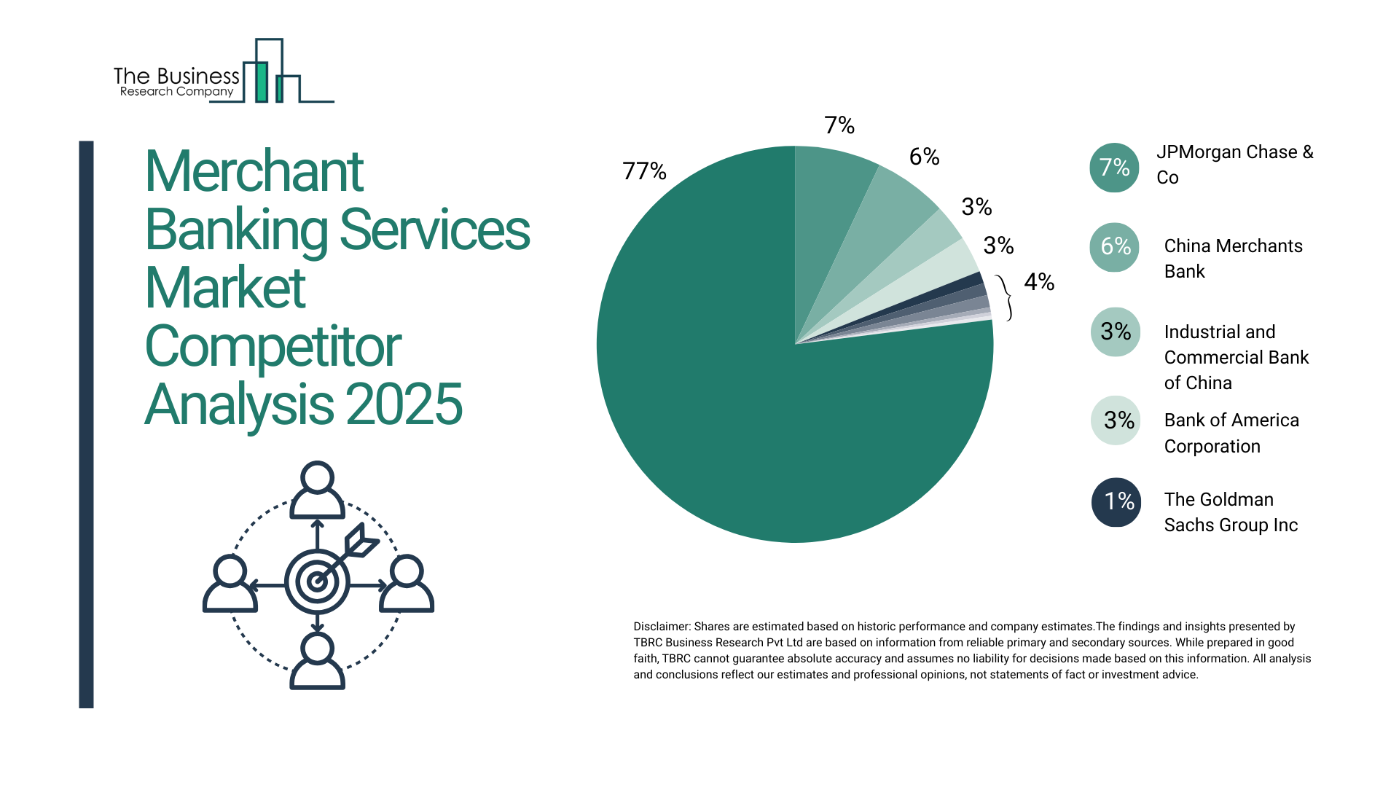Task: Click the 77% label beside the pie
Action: [644, 171]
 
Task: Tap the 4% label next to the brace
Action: [1039, 282]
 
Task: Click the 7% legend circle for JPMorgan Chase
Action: [1114, 168]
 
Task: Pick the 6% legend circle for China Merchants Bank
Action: [1114, 247]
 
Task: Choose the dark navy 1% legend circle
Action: [1116, 502]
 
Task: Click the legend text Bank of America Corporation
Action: [1231, 433]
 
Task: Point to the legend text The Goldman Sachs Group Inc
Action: [1231, 512]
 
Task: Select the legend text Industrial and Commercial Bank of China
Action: [1236, 357]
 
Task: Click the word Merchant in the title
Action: [254, 172]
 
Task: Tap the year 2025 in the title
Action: [404, 404]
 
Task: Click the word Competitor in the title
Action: [273, 347]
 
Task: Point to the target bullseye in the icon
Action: [317, 582]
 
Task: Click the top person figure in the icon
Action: [317, 490]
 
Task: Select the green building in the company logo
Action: [261, 82]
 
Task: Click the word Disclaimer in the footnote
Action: [661, 627]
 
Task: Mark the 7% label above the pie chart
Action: [839, 125]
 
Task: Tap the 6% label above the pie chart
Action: [924, 157]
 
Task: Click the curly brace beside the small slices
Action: [1006, 297]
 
